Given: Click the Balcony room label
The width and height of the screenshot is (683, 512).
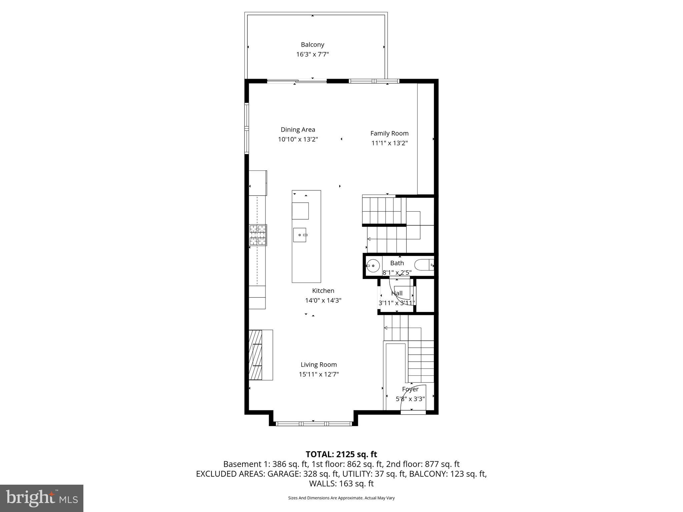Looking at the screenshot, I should [312, 45].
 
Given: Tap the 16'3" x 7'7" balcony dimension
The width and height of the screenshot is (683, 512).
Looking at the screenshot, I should [312, 54].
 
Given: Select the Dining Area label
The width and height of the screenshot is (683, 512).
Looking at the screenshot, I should [298, 130].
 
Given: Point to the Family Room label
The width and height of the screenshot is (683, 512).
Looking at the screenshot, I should [389, 133].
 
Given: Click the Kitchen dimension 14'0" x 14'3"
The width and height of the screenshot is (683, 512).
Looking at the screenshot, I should [323, 300].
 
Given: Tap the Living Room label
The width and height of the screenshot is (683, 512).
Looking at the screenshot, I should [319, 365].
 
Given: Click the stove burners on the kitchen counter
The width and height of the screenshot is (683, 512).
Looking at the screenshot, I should [258, 235].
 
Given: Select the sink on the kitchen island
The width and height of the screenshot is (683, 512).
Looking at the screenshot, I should [300, 235].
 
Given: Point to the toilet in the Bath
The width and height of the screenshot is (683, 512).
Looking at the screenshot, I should [424, 265].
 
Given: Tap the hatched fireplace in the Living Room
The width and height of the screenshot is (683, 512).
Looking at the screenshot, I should [255, 355].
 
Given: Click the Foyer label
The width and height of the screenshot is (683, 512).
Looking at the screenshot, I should [410, 389].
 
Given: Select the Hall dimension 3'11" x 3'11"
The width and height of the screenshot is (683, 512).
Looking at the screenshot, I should [397, 303].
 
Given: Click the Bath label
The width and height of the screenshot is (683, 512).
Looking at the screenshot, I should [397, 263].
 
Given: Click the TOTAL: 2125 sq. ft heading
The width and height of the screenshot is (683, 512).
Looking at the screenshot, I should [341, 454].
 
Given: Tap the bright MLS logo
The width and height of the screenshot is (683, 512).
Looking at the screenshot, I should [42, 498].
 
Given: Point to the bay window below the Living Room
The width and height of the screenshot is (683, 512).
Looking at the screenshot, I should [313, 424].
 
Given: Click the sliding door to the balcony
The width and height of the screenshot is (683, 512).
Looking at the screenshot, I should [297, 81].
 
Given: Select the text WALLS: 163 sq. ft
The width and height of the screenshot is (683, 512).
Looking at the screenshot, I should [341, 483].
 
